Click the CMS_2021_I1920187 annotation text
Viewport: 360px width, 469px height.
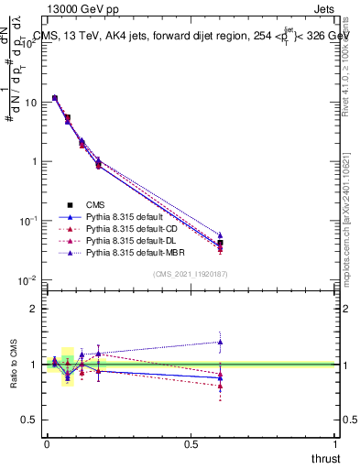(x=191, y=274)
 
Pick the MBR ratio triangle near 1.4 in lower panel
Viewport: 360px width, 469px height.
(x=220, y=342)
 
